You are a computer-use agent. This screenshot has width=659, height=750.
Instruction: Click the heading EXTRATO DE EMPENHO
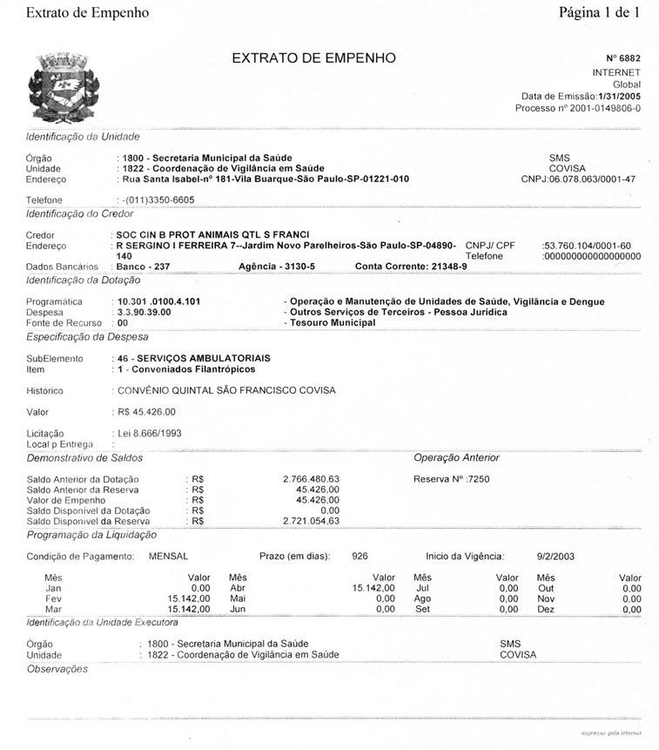(x=313, y=58)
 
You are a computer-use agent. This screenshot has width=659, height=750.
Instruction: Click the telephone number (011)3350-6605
(x=157, y=199)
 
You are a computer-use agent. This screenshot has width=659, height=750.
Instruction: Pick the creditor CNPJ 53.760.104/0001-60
(x=588, y=246)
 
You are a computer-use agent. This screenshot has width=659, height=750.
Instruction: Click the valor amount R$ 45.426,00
(x=147, y=411)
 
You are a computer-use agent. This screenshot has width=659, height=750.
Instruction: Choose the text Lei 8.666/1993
(x=149, y=433)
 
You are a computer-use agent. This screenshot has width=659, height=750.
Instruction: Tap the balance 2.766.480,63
(x=311, y=479)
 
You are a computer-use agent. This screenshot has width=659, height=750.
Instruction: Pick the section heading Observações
(x=57, y=668)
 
